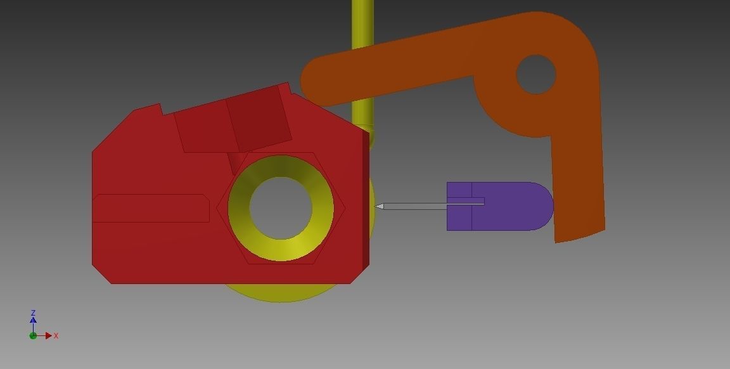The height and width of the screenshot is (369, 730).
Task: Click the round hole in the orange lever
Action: click(536, 74)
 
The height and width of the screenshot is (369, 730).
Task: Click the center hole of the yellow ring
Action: click(281, 207)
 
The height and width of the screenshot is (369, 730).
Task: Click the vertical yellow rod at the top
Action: click(362, 25)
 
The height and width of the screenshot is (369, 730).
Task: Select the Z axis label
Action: click(33, 313)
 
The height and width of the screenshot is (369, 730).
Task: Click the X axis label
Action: click(56, 335)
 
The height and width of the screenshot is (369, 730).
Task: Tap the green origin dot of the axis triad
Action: click(33, 335)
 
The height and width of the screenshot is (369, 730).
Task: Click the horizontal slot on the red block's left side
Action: click(151, 208)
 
